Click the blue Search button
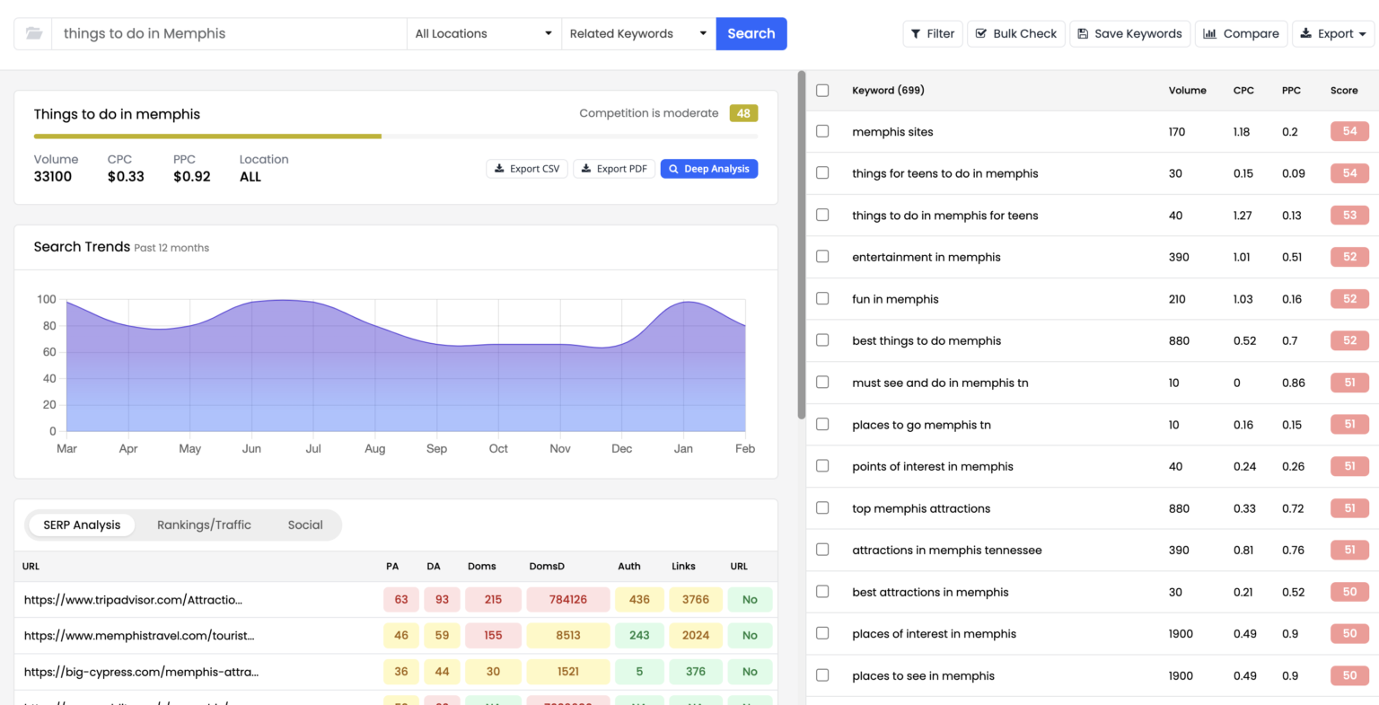coord(751,34)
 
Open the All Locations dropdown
coord(483,34)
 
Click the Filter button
coord(932,34)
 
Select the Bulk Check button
coord(1015,34)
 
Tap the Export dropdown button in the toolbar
coord(1333,34)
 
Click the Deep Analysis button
coord(708,169)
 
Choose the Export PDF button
coord(613,169)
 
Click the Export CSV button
coord(526,169)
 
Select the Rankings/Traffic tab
coord(204,525)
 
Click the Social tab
coord(305,525)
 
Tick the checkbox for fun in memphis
coord(822,299)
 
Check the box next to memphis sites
coord(822,132)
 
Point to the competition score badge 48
coord(743,113)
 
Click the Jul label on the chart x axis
coord(313,449)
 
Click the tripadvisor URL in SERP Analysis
coord(133,600)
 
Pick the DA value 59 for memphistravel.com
coord(442,636)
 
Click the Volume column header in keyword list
coord(1187,91)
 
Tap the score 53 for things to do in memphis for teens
coord(1349,216)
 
